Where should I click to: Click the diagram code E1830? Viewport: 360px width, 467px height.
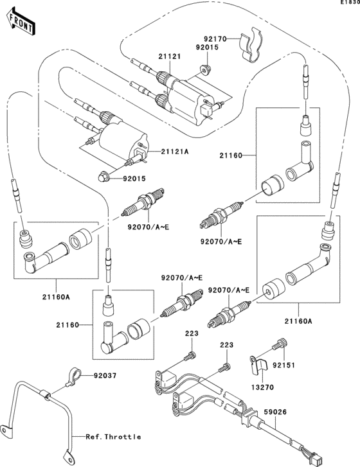[x=347, y=3]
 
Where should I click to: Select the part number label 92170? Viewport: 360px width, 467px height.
[x=217, y=39]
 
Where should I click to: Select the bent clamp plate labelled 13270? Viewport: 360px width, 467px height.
[x=260, y=366]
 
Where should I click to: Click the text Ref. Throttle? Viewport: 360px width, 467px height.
[x=113, y=437]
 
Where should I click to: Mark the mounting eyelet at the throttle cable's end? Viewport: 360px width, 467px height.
[x=9, y=426]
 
